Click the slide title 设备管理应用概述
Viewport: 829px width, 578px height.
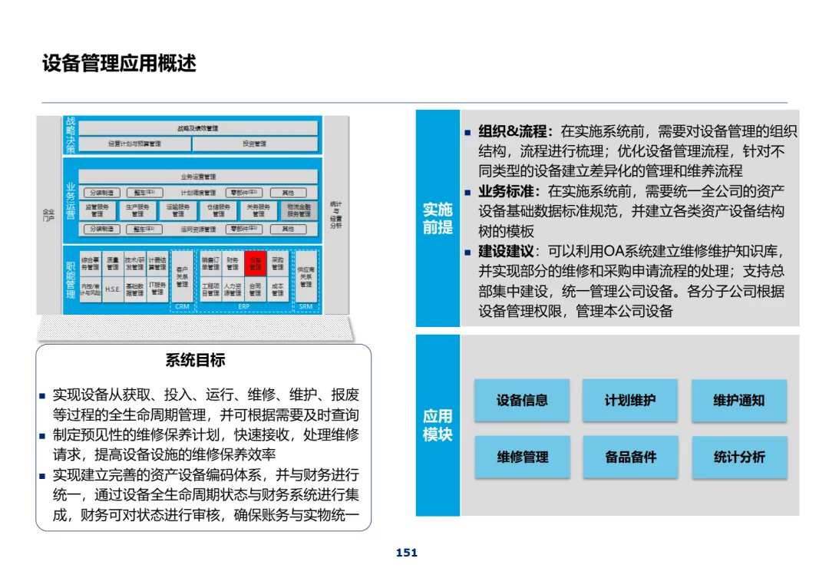(x=119, y=63)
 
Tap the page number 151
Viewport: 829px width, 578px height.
(x=407, y=553)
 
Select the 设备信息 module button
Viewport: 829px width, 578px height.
(x=522, y=400)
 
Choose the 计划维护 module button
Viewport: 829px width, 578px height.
(x=630, y=400)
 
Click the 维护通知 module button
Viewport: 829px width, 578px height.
(x=739, y=400)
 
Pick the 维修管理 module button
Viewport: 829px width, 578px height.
(x=522, y=457)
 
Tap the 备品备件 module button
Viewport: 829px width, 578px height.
(x=630, y=457)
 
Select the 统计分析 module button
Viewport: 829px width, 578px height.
(x=739, y=457)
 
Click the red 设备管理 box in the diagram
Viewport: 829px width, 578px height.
(x=256, y=264)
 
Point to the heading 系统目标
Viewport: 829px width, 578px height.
(x=196, y=360)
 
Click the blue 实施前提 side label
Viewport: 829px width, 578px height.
(x=438, y=218)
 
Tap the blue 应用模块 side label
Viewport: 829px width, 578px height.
(x=438, y=425)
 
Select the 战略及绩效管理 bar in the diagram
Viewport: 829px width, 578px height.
(x=198, y=128)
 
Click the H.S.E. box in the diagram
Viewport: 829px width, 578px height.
(x=112, y=289)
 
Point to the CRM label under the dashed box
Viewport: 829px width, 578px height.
(x=182, y=306)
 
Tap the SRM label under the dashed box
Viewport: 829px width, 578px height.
(x=306, y=306)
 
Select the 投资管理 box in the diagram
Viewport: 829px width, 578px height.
(x=254, y=144)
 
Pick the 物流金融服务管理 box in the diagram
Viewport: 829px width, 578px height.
(x=299, y=210)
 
